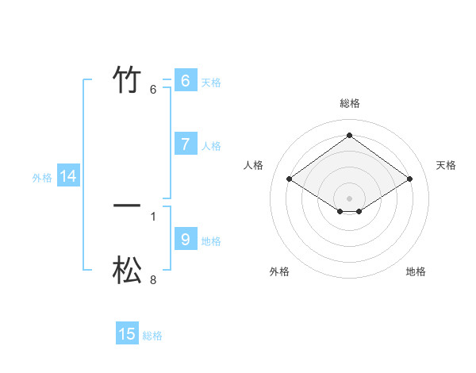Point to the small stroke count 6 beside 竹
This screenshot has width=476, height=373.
153,90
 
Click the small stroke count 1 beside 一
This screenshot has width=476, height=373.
153,216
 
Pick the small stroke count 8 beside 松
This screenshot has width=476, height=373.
153,279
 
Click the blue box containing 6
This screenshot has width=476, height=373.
185,81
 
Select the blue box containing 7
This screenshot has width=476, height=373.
185,144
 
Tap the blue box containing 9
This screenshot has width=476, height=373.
185,240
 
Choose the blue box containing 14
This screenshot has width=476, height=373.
68,177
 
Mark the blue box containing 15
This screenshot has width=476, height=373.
127,334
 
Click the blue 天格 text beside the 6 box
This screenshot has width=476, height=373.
211,83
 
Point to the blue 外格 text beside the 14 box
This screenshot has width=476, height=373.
42,178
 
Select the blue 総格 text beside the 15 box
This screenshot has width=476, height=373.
152,336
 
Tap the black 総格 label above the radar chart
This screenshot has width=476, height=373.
349,103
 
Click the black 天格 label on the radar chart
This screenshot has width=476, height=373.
446,165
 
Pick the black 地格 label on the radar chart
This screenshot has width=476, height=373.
416,271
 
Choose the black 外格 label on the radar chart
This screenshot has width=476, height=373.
279,271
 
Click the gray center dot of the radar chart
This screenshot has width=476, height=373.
349,198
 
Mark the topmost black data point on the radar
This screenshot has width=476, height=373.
349,135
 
